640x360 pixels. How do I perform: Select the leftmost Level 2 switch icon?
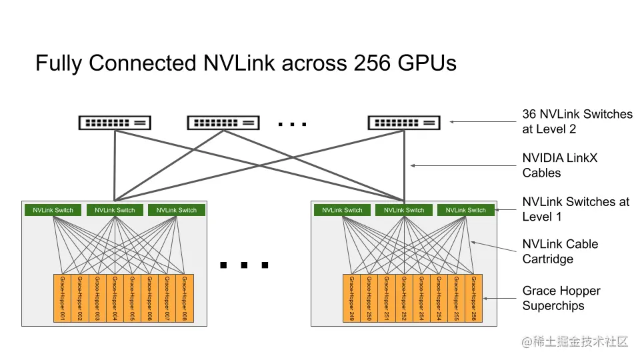[x=115, y=123]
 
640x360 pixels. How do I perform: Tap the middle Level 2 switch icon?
[x=223, y=123]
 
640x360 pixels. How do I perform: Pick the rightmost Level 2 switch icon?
[x=404, y=123]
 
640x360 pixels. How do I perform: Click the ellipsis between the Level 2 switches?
[x=291, y=124]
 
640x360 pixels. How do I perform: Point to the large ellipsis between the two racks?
[x=244, y=265]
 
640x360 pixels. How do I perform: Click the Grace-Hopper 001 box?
[x=61, y=298]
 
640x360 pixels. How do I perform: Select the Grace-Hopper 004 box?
[x=114, y=298]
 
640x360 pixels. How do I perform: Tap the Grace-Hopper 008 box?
[x=184, y=298]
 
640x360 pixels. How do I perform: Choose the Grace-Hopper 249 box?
[x=351, y=298]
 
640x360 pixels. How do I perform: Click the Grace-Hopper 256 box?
[x=473, y=298]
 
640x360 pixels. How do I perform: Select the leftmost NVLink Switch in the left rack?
[x=53, y=210]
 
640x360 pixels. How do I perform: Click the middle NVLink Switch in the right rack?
[x=404, y=210]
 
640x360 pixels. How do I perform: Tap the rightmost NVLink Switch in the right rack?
[x=466, y=210]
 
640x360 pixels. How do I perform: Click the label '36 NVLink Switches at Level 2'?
[x=577, y=121]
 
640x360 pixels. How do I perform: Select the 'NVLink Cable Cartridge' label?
[x=560, y=251]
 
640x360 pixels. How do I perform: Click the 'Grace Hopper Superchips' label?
[x=561, y=298]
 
